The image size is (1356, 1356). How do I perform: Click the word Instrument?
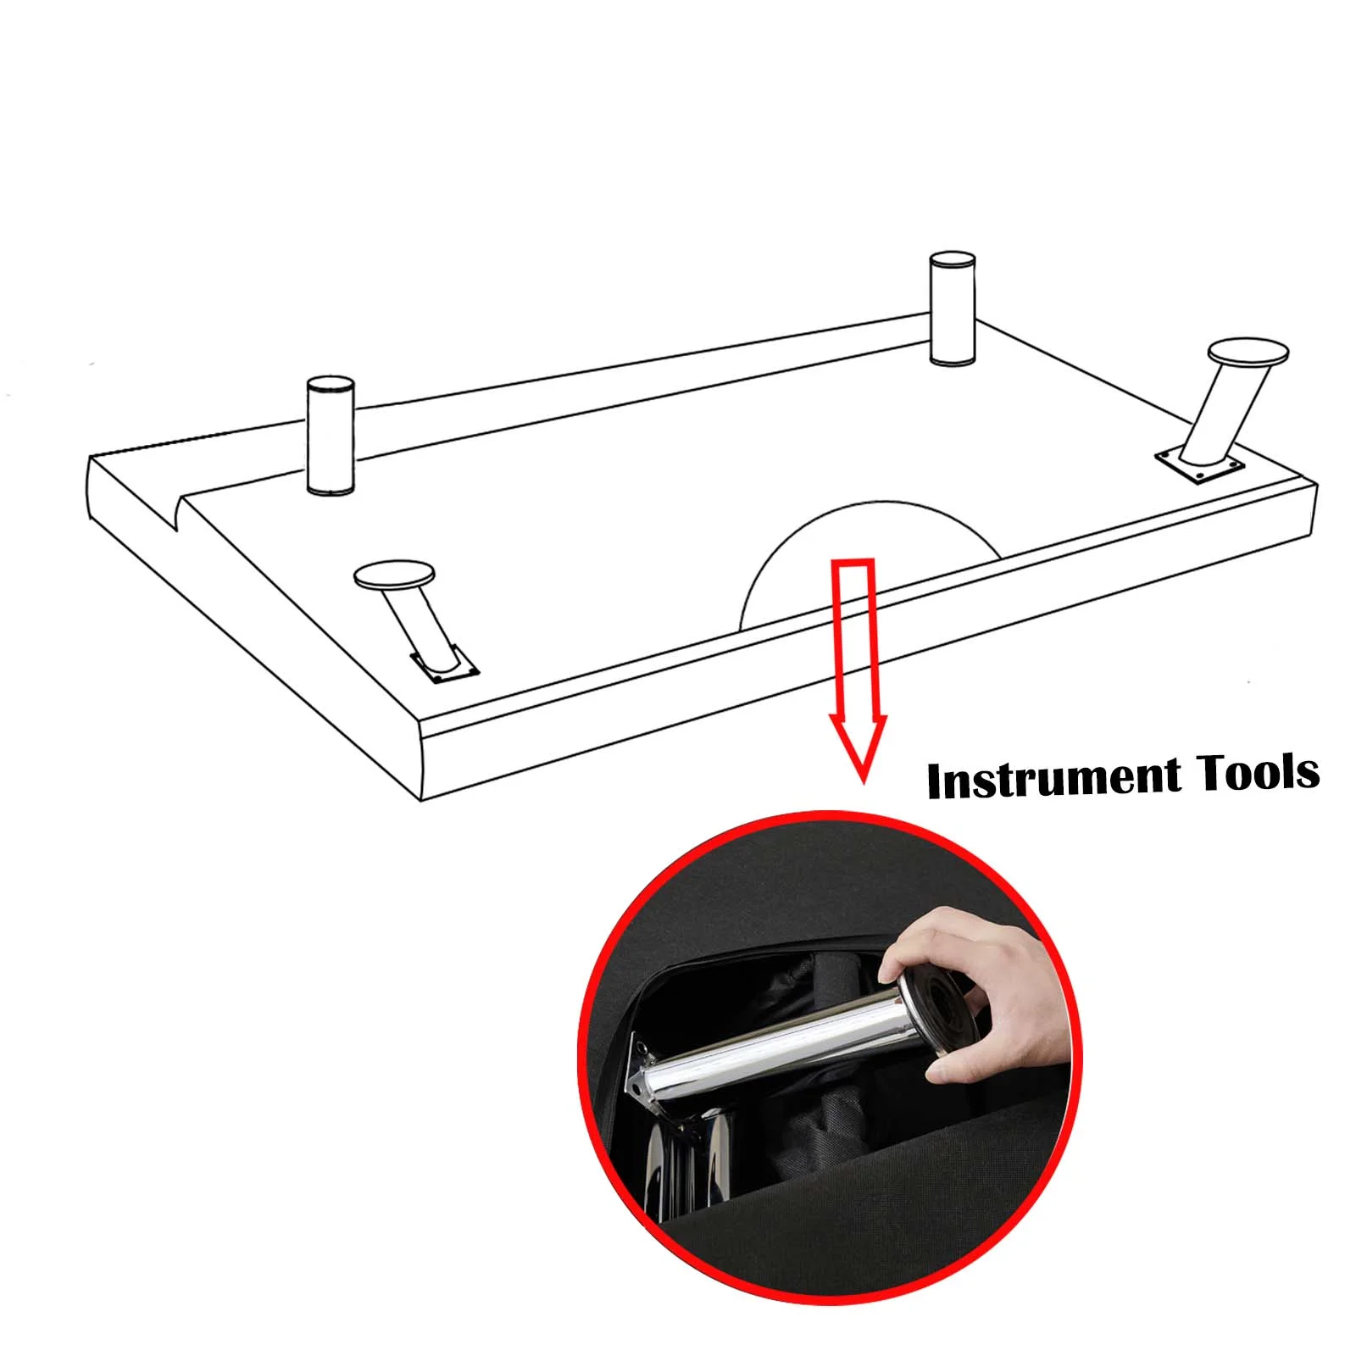(x=1054, y=780)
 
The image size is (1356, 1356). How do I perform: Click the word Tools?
(x=1257, y=771)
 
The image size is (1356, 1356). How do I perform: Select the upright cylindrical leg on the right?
(x=953, y=308)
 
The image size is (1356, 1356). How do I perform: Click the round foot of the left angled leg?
(x=395, y=575)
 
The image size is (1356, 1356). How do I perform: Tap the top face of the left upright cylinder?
(x=331, y=384)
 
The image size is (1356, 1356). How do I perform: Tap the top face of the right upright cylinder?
(x=953, y=259)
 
